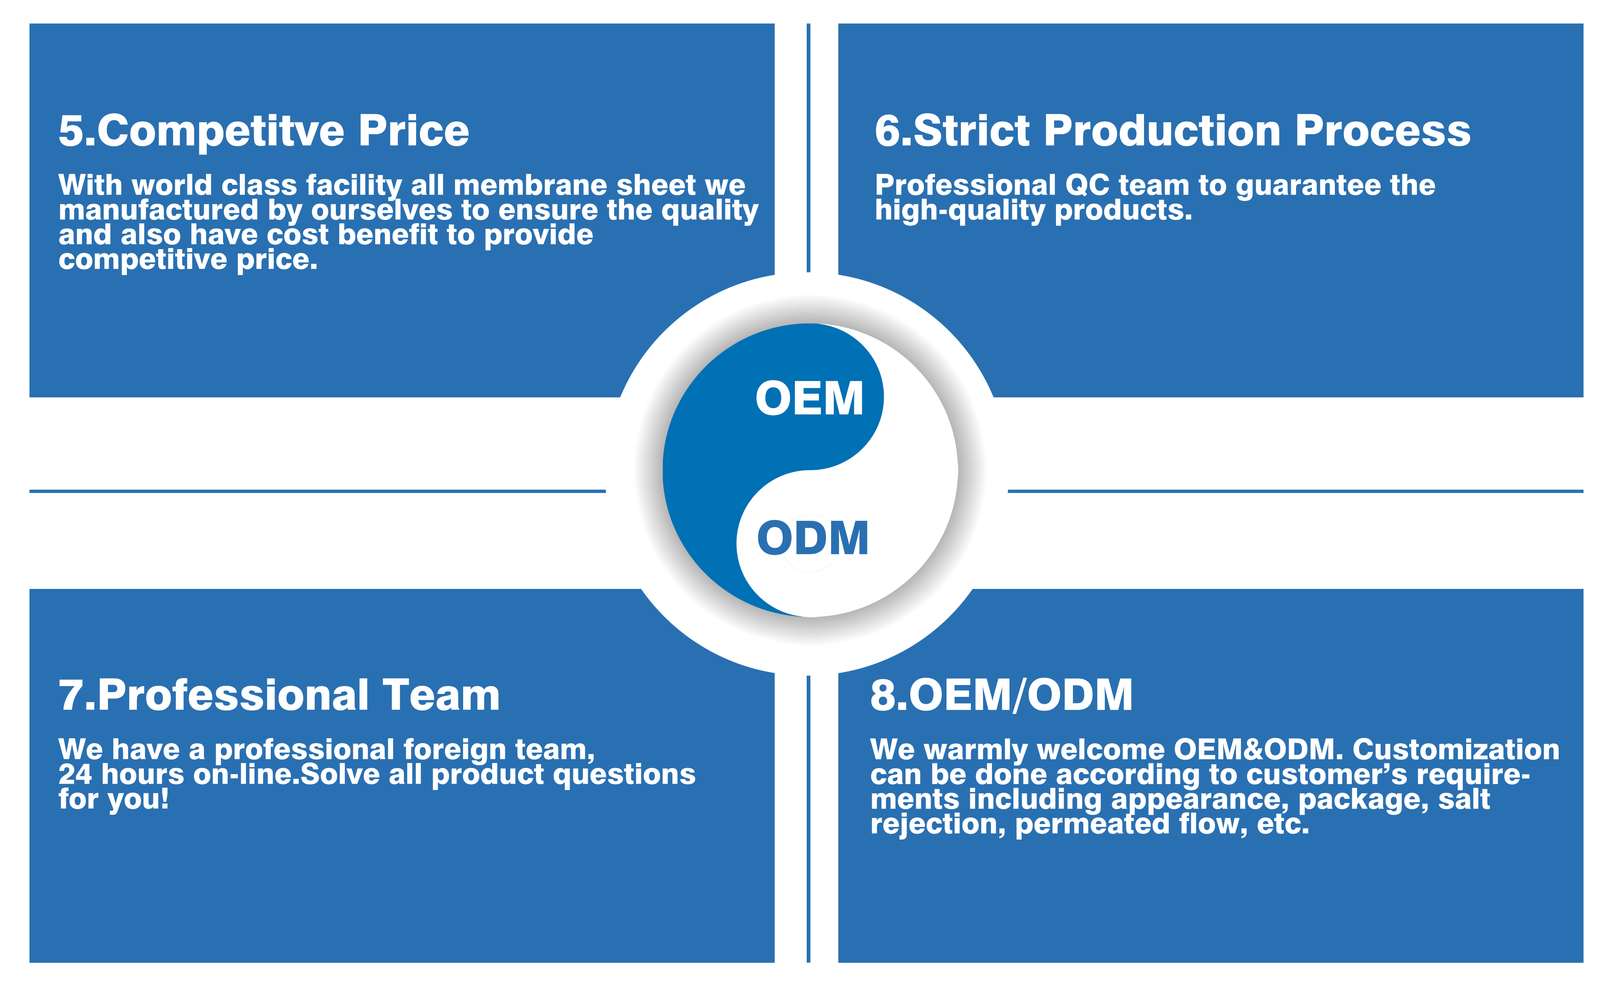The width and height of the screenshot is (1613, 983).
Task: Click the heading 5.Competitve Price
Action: [x=264, y=131]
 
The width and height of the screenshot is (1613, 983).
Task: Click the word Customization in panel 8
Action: [x=1456, y=750]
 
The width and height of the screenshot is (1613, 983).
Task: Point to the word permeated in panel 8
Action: [x=1092, y=825]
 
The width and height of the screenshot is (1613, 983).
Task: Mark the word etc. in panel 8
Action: [x=1283, y=825]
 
